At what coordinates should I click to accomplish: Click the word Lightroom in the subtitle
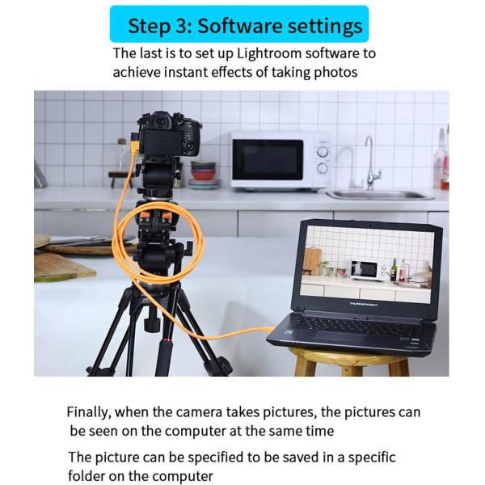point(269,53)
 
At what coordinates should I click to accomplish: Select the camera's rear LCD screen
point(162,141)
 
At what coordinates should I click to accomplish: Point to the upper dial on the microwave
point(323,152)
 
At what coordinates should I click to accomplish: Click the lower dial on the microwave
point(323,168)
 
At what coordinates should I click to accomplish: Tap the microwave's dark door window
point(268,159)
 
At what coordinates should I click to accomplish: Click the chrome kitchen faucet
point(372,164)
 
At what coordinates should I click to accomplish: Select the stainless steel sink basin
point(381,195)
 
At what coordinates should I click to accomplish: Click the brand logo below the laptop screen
point(364,305)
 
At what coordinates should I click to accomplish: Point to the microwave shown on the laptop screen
point(368,270)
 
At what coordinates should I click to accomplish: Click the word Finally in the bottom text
point(89,412)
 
